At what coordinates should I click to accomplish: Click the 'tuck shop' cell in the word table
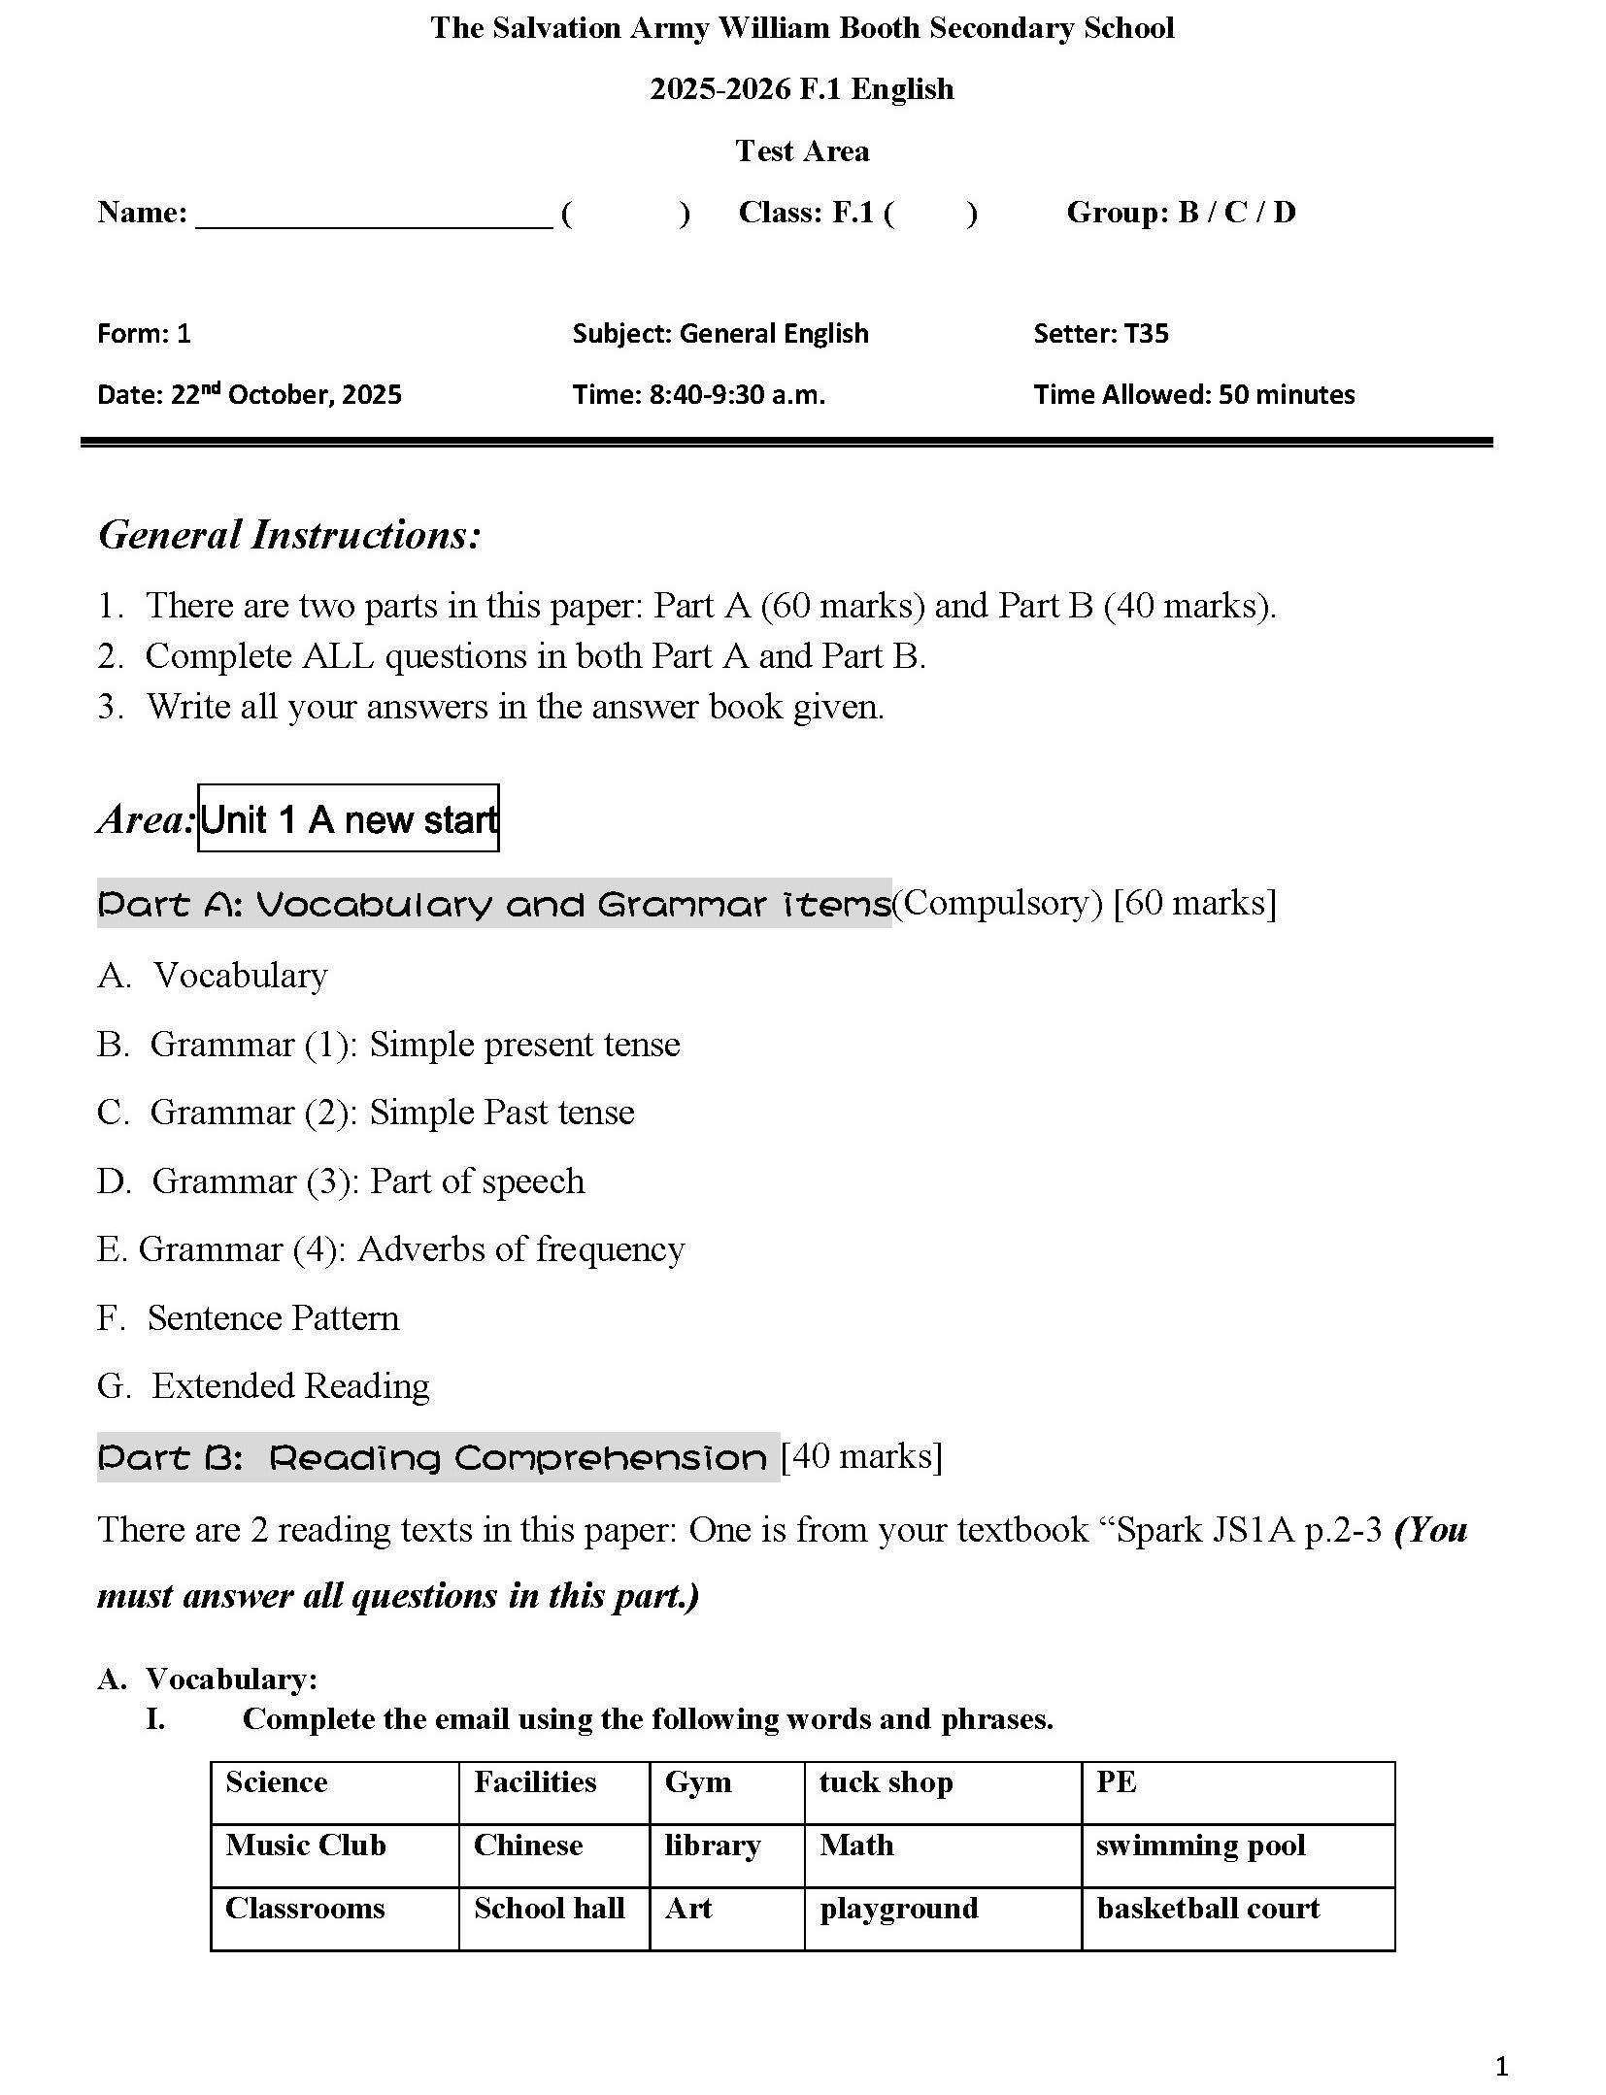941,1792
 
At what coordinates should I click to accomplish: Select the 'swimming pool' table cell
1237,1855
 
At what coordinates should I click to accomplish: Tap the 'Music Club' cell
334,1855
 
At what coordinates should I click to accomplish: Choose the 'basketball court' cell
1237,1918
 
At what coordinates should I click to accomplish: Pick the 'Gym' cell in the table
726,1792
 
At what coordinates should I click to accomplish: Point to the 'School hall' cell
553,1918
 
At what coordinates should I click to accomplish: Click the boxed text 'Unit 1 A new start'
348,818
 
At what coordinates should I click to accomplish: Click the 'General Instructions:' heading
289,534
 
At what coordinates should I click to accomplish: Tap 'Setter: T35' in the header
1100,334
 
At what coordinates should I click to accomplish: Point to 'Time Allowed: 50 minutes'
1193,394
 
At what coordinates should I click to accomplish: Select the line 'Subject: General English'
719,334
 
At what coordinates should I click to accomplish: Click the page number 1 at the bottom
1501,2066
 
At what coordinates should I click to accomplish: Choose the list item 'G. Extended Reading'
263,1385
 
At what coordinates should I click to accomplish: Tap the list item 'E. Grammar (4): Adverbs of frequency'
390,1248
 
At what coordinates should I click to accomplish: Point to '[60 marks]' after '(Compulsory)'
1194,903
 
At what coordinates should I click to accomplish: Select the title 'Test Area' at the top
802,151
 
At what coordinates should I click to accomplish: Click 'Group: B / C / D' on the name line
1181,213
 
